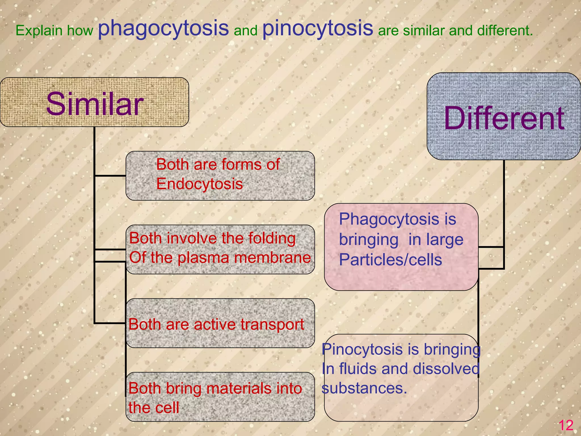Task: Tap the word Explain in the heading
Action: [x=39, y=31]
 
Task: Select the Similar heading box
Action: [x=94, y=102]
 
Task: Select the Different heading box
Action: [x=504, y=116]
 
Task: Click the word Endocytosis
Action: [x=199, y=184]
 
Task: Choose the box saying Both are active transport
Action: [x=220, y=323]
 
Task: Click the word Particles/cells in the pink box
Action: [x=390, y=260]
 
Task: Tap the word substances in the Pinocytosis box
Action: [x=364, y=388]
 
